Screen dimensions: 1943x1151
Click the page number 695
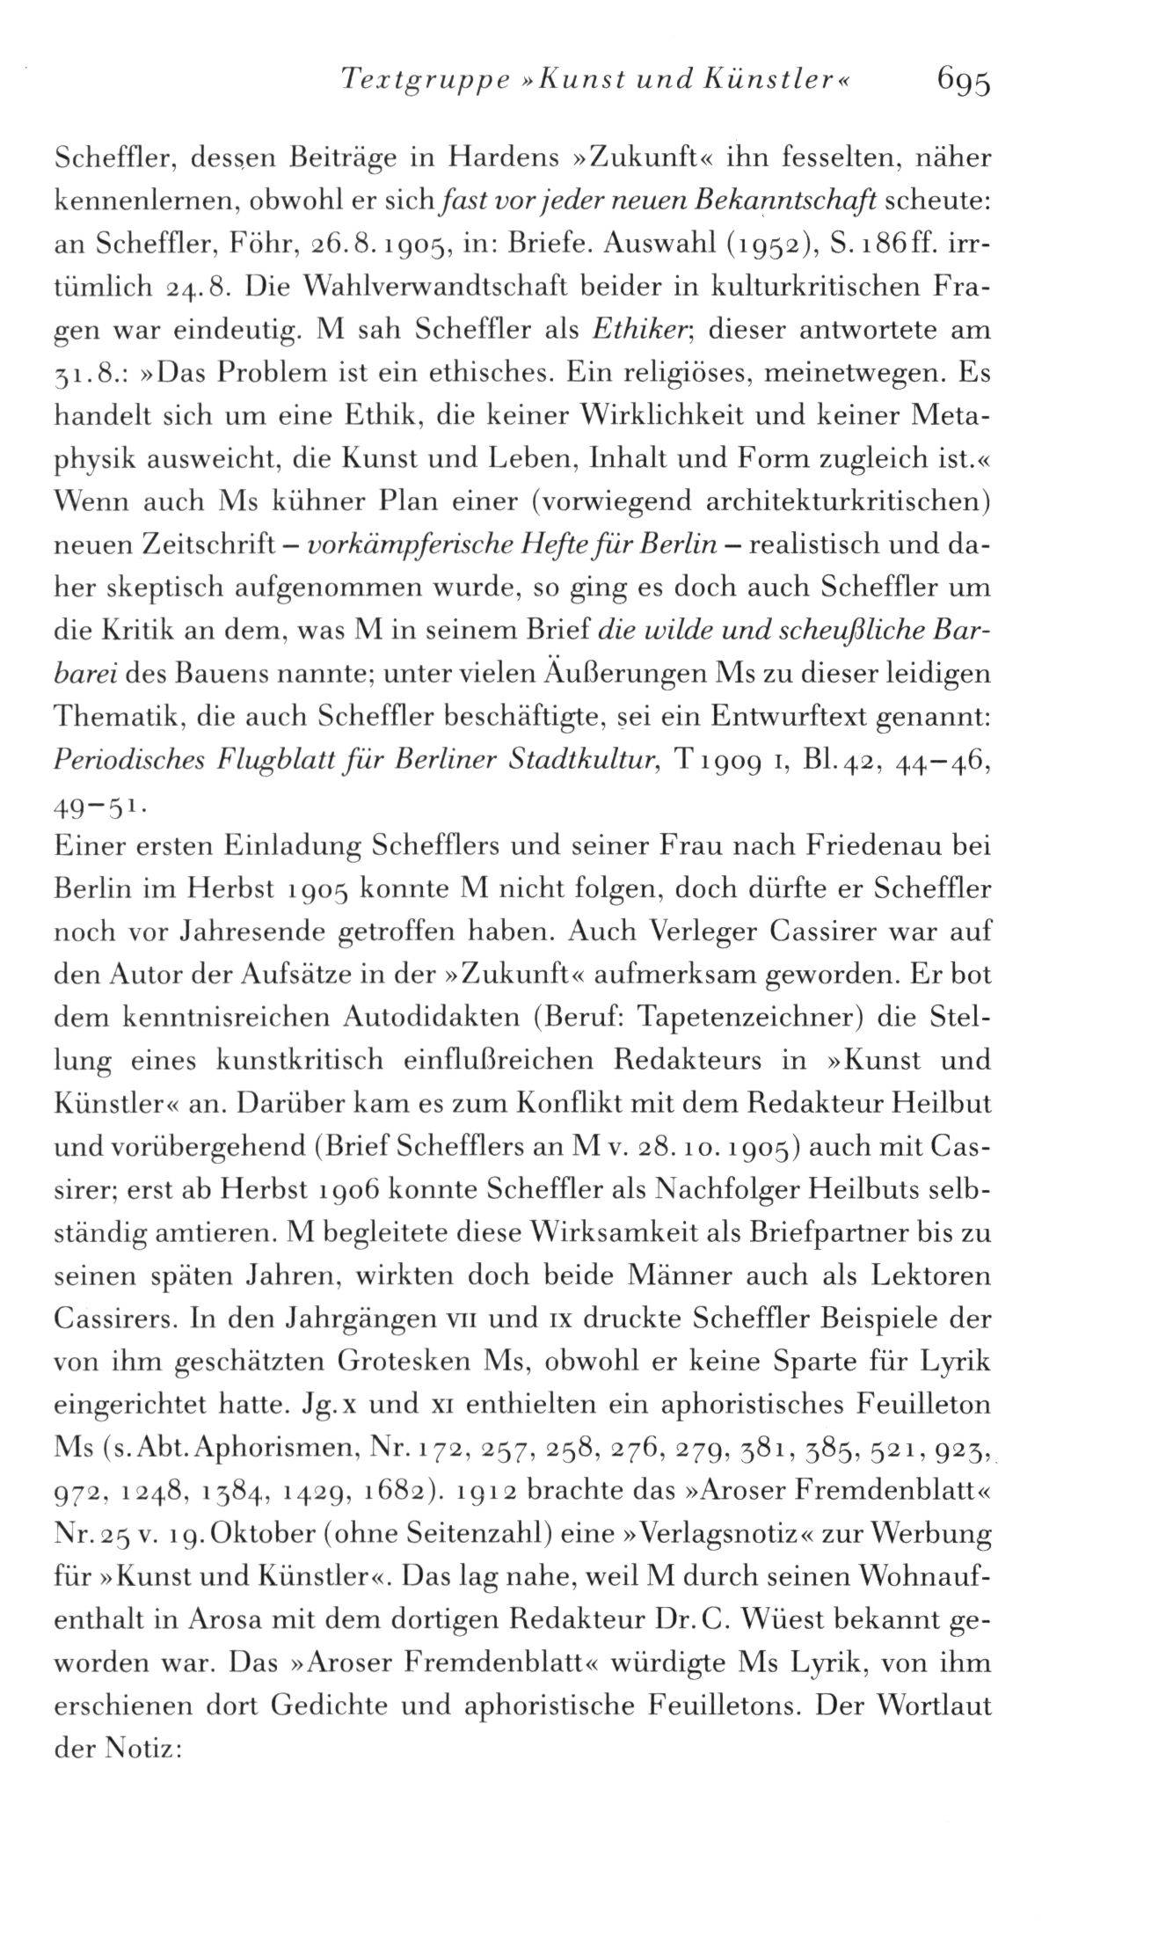[x=964, y=82]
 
